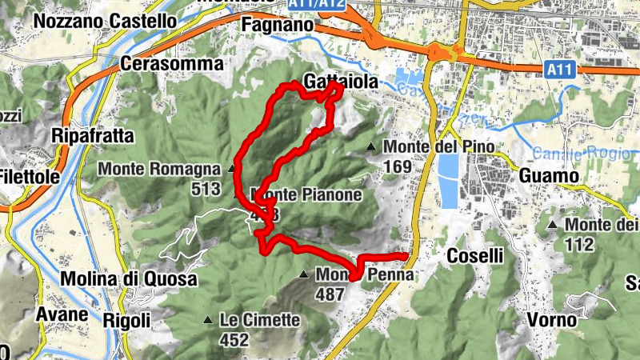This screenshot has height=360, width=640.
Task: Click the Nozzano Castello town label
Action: [x=105, y=20]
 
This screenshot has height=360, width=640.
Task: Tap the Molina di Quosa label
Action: [x=128, y=278]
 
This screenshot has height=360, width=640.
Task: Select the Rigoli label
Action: [x=127, y=320]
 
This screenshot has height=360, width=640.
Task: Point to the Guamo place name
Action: [x=548, y=176]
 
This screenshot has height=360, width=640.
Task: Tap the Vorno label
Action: [x=552, y=320]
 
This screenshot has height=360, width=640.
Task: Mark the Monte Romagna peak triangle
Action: [x=232, y=169]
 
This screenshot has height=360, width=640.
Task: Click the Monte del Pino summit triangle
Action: [x=371, y=147]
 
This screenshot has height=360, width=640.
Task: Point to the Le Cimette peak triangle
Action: [x=208, y=321]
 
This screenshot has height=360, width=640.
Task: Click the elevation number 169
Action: [x=397, y=167]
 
